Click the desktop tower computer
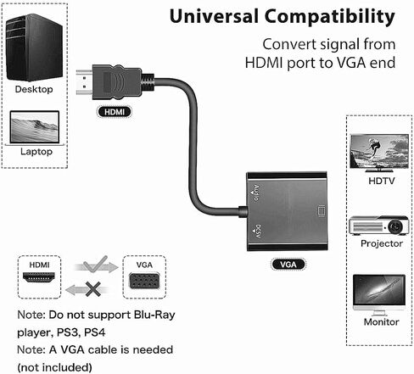pos(34,47)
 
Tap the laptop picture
pos(35,128)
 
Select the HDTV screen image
pos(379,153)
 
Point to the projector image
pos(379,226)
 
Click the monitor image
pos(379,295)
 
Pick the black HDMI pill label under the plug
pos(115,112)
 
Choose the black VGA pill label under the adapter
pos(288,265)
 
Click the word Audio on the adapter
pos(256,193)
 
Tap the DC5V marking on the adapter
pos(258,231)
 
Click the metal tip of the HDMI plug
pos(84,82)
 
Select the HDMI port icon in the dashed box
pos(39,277)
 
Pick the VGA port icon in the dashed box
pos(144,280)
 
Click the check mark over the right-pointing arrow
pos(96,264)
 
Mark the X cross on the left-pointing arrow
pos(93,289)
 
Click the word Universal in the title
pos(214,16)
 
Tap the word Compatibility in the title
pos(330,17)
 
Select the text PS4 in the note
pos(95,332)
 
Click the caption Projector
pos(382,243)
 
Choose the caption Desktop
pos(34,89)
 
